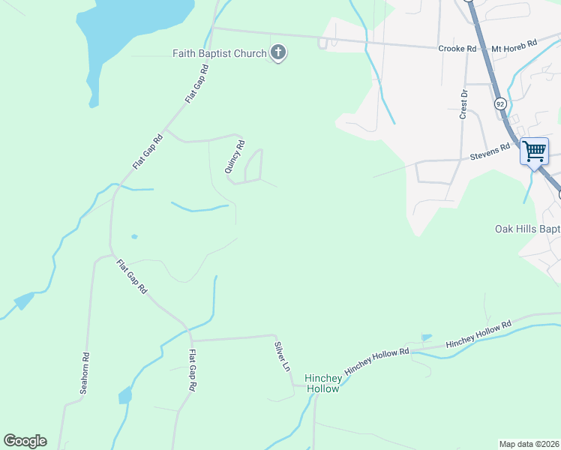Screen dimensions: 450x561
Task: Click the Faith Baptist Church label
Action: (219, 53)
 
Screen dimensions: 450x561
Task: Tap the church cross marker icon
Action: (278, 53)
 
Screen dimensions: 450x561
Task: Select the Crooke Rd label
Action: (457, 49)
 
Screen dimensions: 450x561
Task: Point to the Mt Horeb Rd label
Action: (514, 46)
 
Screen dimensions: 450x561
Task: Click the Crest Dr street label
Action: (463, 104)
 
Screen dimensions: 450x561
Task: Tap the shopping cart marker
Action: (534, 151)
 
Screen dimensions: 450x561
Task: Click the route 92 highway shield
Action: (499, 104)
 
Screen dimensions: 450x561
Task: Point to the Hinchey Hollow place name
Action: (322, 383)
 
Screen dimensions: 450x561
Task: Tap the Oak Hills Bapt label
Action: (527, 229)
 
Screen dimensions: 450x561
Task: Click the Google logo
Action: (25, 441)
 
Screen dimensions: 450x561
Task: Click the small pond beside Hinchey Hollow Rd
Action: (427, 338)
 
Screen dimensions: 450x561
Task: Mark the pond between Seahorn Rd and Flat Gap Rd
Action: (124, 395)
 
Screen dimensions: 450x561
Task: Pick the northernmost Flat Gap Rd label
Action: (196, 84)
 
